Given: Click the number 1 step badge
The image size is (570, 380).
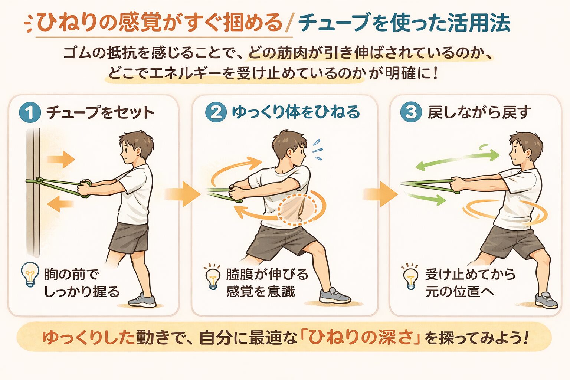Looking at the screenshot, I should [30, 112].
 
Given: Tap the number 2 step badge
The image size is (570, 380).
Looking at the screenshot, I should [216, 112].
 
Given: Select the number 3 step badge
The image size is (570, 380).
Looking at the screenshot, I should [411, 112].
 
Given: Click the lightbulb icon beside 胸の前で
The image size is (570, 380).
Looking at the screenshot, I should [30, 274].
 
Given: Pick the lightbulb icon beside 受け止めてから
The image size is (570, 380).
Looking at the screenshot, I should [410, 277].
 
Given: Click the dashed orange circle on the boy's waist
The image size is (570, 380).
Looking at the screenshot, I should [297, 209].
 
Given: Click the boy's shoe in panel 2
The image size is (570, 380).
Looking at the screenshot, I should [334, 296].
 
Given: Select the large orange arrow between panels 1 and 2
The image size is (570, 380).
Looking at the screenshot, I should [182, 194].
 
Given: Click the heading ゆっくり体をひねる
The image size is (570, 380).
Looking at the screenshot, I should [296, 112].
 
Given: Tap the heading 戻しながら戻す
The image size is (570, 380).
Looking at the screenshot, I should [479, 112].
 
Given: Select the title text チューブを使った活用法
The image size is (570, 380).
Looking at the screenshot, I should [404, 23].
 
